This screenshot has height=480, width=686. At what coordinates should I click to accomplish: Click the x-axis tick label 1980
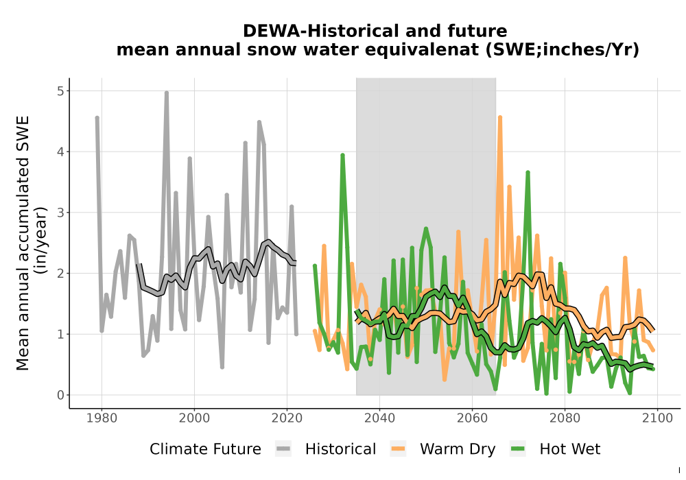coord(102,418)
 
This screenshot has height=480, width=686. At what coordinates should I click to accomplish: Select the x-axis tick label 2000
coord(194,418)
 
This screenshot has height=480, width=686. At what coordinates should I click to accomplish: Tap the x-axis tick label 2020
coord(287,418)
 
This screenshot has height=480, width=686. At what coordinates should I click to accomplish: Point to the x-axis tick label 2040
coord(379,418)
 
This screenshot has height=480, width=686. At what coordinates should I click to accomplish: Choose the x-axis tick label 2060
coord(472,418)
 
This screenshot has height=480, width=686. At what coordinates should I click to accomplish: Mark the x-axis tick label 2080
coord(565,418)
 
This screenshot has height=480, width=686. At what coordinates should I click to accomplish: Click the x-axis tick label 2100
coord(657,418)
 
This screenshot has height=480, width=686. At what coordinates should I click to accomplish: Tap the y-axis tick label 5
coord(60,91)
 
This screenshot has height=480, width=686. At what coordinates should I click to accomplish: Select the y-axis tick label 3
coord(60,213)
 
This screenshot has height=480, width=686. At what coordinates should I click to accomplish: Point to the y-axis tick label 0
coord(60,395)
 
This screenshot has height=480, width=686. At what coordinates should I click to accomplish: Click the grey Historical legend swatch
coord(283,449)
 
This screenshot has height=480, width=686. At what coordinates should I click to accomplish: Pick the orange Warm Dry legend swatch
coord(398,449)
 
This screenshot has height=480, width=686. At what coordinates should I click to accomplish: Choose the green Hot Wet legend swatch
coord(517,449)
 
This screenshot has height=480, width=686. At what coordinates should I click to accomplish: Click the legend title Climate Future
coord(205,449)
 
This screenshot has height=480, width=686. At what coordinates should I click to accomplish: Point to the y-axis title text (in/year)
coord(43,241)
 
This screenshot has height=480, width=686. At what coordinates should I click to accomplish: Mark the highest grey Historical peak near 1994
coord(166,93)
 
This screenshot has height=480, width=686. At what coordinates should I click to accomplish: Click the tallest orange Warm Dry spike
coord(499,117)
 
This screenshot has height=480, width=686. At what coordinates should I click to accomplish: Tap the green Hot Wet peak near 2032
coord(342,155)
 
